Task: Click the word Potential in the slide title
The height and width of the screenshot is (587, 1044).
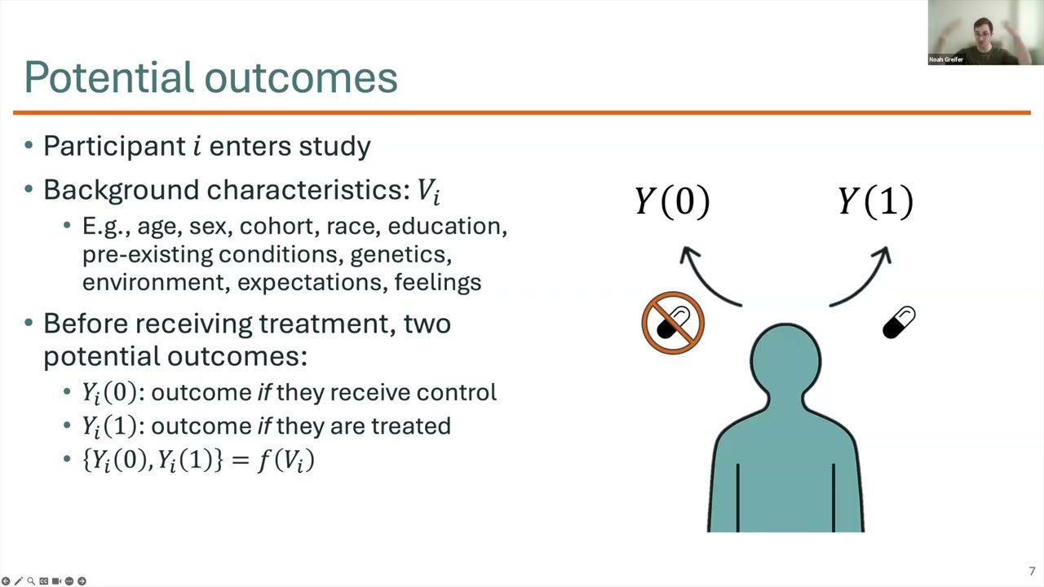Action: pos(108,77)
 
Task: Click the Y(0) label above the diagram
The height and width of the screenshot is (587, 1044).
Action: pos(673,202)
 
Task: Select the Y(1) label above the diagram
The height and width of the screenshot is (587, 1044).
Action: pos(875,202)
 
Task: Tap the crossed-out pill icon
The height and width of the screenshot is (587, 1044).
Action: pos(673,323)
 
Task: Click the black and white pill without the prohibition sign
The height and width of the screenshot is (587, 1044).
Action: pos(899,323)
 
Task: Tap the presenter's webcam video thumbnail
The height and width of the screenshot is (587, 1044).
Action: pos(985,33)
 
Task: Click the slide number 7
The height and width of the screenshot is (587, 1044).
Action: pos(1032,572)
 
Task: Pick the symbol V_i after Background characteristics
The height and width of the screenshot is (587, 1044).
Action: pos(428,191)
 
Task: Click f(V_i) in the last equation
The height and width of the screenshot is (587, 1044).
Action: pos(285,460)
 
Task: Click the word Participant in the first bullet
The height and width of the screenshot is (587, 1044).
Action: pos(114,147)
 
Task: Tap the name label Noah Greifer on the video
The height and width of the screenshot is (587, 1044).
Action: pos(946,60)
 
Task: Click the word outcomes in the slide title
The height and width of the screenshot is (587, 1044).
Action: pos(301,77)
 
